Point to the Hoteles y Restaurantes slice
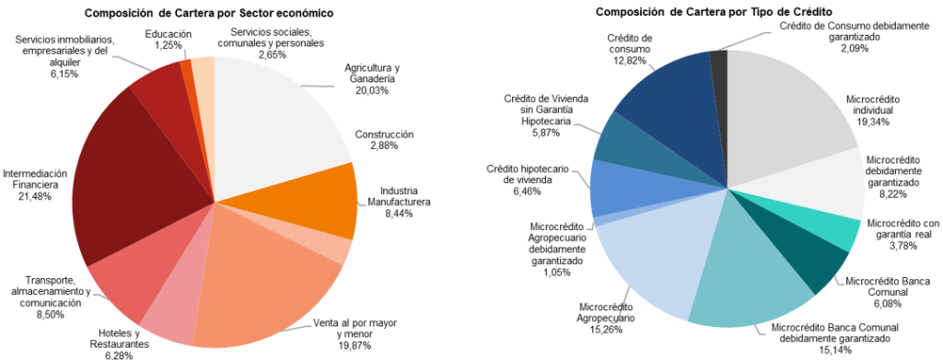(x=169, y=312)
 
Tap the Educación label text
(x=169, y=34)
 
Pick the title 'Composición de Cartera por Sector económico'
(x=209, y=11)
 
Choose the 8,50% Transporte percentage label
(x=51, y=314)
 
